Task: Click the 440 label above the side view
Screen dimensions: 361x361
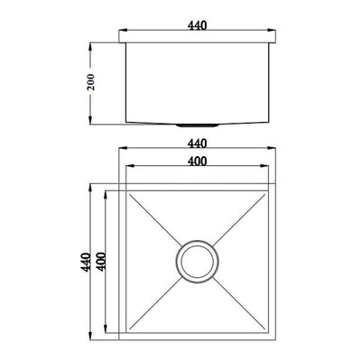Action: [x=198, y=25]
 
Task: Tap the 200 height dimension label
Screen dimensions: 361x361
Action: [x=90, y=82]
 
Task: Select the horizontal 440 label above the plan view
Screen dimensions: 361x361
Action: [x=198, y=143]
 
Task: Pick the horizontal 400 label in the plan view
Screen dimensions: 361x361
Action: [x=198, y=162]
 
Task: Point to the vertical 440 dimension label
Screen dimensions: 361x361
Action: [x=87, y=263]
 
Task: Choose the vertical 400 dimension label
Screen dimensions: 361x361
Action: [x=102, y=262]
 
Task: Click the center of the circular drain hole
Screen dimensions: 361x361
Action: [x=197, y=262]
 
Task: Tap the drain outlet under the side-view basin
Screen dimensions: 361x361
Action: [x=197, y=125]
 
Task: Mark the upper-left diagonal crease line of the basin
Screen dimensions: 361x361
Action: [x=155, y=217]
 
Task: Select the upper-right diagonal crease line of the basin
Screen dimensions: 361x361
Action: [x=239, y=218]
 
